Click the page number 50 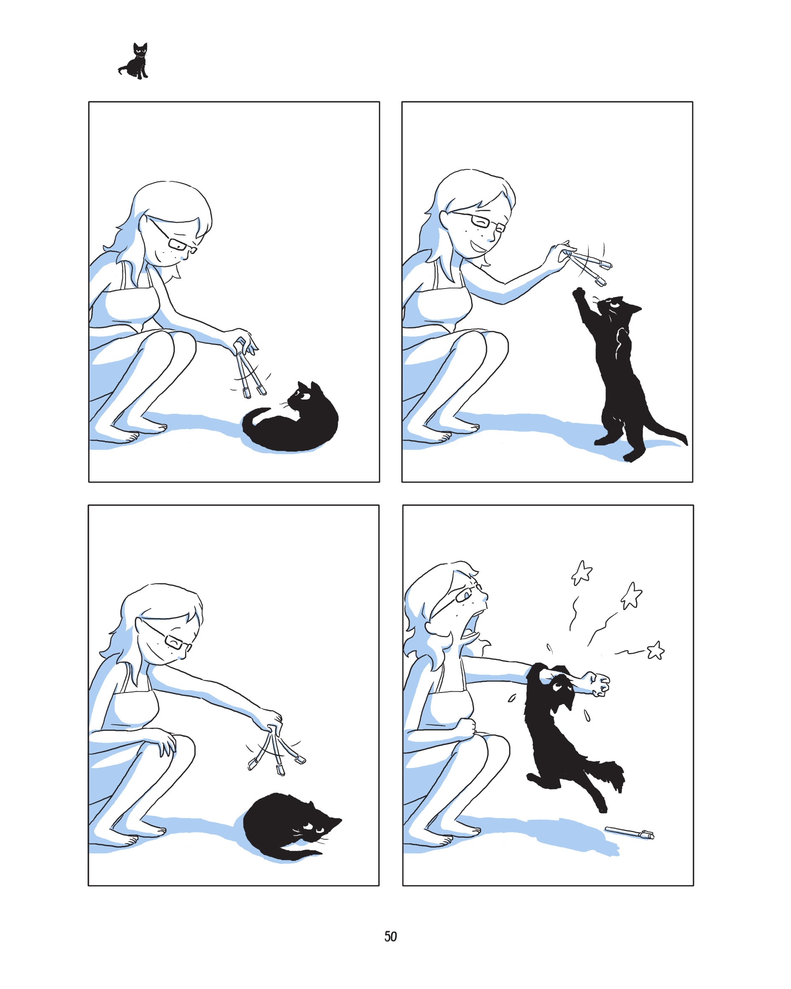[x=390, y=936]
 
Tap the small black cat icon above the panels [x=135, y=62]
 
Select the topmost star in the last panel [x=582, y=572]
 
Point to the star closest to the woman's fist [x=656, y=649]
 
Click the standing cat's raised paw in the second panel [x=580, y=294]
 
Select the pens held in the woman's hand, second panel [x=590, y=264]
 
